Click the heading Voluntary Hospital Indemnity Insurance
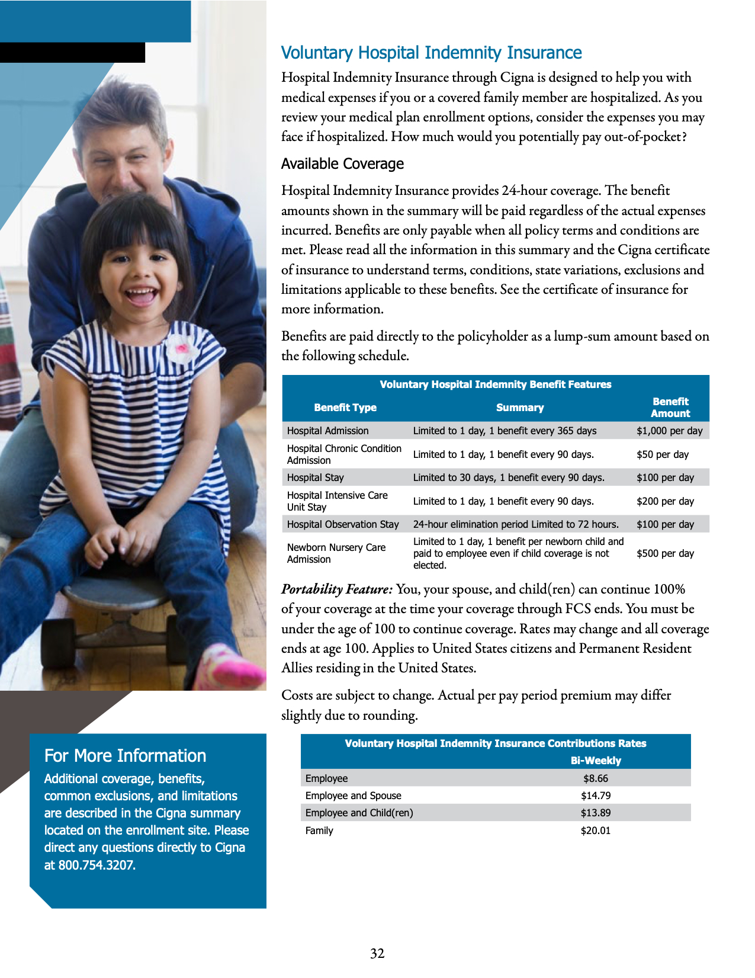click(x=431, y=53)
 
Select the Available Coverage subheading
click(x=342, y=163)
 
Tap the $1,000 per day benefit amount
click(x=669, y=431)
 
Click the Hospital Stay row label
click(x=315, y=477)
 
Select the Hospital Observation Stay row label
click(x=343, y=524)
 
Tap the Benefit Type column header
click(x=345, y=408)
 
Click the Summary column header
click(x=519, y=408)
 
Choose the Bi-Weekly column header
click(x=595, y=761)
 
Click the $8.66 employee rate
click(x=595, y=778)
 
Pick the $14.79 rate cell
click(x=595, y=796)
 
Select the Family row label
click(x=319, y=831)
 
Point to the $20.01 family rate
click(x=595, y=831)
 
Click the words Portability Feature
click(x=336, y=589)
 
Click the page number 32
click(x=377, y=953)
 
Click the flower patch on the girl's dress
click(x=182, y=348)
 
